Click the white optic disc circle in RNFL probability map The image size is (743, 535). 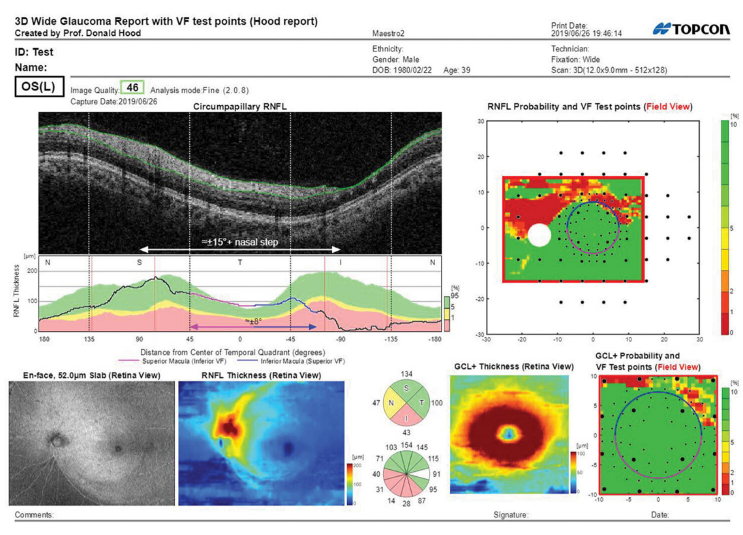539,235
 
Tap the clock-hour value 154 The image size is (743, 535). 408,444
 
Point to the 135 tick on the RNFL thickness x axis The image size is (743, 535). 89,340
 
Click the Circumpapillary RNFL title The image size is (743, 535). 240,106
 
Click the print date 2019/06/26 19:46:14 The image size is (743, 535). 586,33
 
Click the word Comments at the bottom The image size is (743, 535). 34,515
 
